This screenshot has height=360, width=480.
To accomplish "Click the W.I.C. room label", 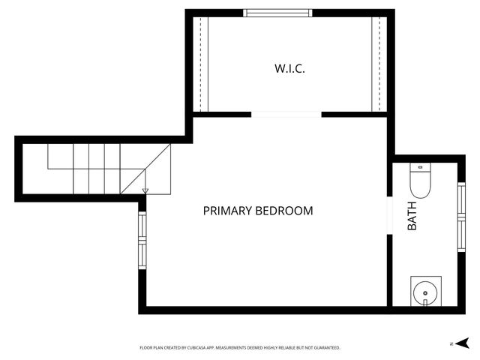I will [289, 68].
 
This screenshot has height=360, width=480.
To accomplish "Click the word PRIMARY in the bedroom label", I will [228, 211].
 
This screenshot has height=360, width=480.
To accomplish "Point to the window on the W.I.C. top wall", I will [278, 13].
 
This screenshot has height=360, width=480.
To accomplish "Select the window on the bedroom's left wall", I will [141, 239].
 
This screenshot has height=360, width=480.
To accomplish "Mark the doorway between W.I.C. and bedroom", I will [286, 115].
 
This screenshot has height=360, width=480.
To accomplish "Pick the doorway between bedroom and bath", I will [389, 216].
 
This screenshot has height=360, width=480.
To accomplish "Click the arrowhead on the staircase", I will [145, 191].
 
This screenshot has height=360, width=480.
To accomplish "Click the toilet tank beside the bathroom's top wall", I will [420, 167].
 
